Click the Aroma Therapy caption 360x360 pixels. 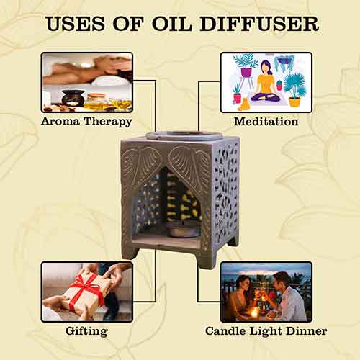point(86,121)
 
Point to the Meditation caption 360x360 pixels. point(266,121)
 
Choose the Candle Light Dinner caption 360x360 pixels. point(266,331)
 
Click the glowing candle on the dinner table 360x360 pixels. point(254,312)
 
